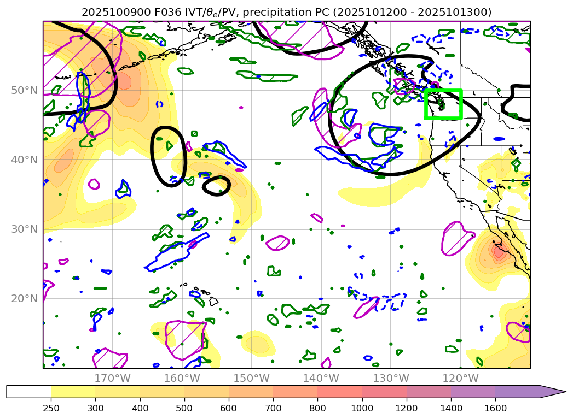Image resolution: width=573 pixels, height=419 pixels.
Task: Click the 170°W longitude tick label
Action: tap(112, 378)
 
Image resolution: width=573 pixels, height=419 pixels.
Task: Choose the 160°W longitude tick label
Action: tap(182, 378)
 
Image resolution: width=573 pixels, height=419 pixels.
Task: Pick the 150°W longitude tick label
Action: tap(251, 378)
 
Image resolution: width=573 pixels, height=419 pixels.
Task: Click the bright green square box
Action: tap(444, 104)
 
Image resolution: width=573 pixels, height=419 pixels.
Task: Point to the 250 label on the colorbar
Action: tap(51, 408)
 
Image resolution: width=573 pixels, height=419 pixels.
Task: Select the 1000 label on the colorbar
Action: tap(362, 408)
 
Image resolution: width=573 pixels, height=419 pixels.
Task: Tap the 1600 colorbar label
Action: tap(495, 408)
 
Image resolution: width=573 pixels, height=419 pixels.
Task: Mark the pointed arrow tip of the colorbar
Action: tap(565, 392)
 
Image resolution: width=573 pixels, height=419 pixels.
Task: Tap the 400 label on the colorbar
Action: tap(140, 408)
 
